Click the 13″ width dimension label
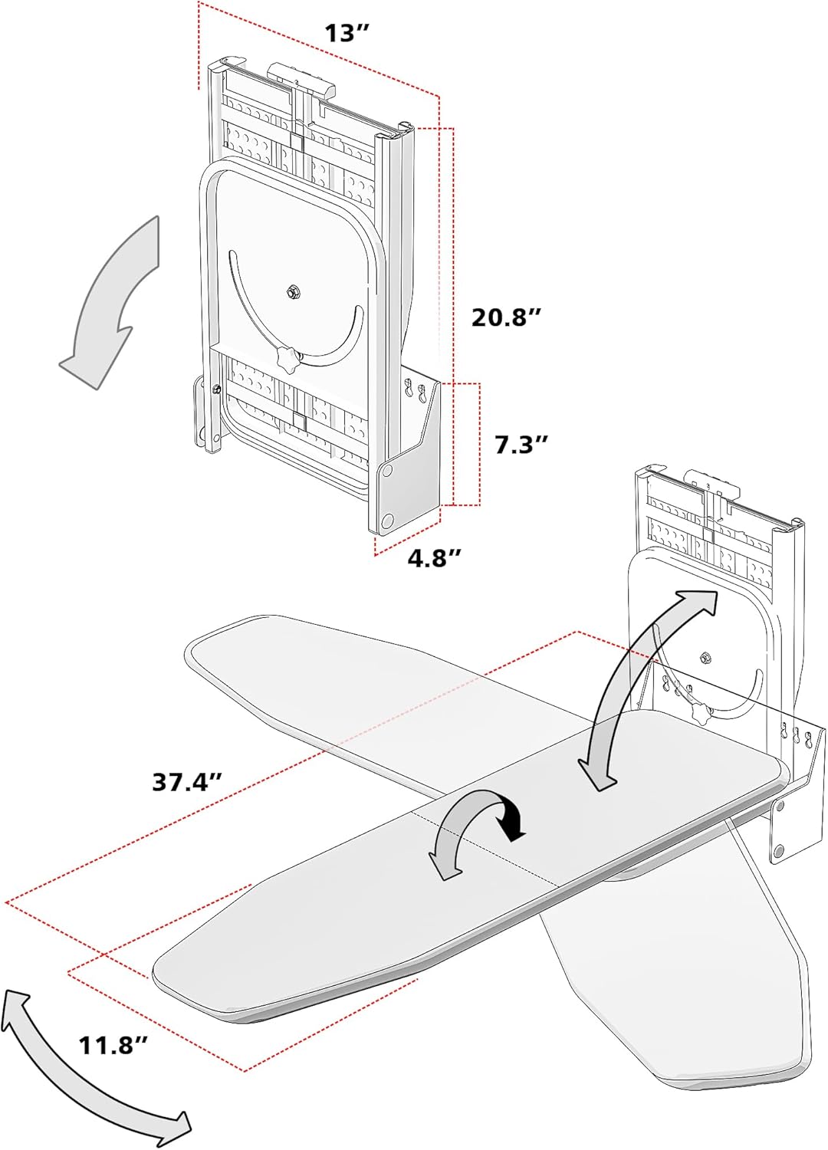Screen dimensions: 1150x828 point(347,34)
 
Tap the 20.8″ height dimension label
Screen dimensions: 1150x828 point(507,317)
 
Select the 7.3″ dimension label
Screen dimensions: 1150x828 point(521,444)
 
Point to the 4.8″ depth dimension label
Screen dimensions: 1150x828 point(434,557)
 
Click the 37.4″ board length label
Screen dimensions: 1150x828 point(187,781)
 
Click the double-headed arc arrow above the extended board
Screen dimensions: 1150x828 point(649,686)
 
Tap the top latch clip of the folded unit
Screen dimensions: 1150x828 point(301,77)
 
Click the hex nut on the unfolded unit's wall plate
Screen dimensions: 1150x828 point(704,657)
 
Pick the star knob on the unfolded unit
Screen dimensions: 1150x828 point(701,711)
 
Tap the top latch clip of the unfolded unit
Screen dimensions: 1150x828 point(713,484)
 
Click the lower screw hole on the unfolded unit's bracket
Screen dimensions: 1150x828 point(779,849)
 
